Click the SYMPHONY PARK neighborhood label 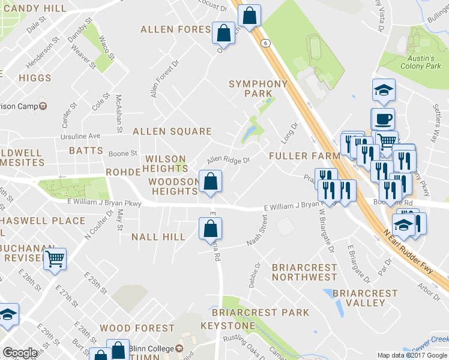pyautogui.click(x=258, y=88)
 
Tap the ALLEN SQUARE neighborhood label pyautogui.click(x=172, y=131)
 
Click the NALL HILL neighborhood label pyautogui.click(x=158, y=237)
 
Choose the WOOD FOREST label pyautogui.click(x=137, y=328)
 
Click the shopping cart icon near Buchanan pyautogui.click(x=55, y=259)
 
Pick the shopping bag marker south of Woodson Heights pyautogui.click(x=210, y=228)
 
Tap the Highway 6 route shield pyautogui.click(x=264, y=42)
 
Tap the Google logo pyautogui.click(x=20, y=353)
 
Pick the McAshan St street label pyautogui.click(x=119, y=113)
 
